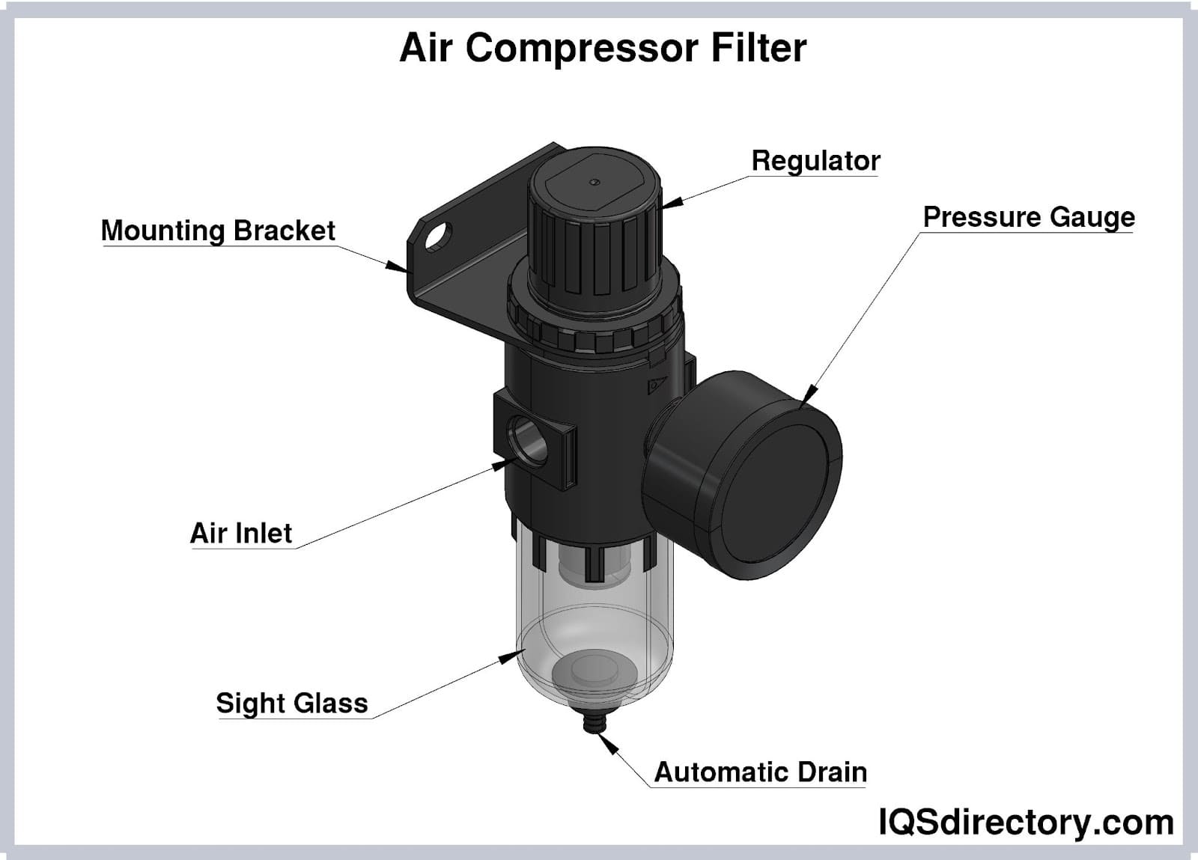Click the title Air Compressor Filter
[x=603, y=48]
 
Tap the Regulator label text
[x=815, y=160]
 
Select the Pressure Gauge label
[x=1029, y=217]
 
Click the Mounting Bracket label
[x=218, y=231]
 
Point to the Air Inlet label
[x=241, y=533]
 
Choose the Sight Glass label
[x=292, y=703]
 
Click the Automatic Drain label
[x=761, y=772]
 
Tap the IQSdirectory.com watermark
[x=1027, y=822]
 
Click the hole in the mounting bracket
[x=438, y=237]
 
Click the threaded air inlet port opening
[x=529, y=439]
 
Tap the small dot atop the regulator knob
[x=595, y=183]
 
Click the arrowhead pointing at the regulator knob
[x=672, y=203]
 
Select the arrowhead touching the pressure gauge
[x=809, y=393]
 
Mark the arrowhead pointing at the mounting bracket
[x=397, y=266]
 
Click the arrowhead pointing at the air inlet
[x=504, y=464]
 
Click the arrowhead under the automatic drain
[x=608, y=743]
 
